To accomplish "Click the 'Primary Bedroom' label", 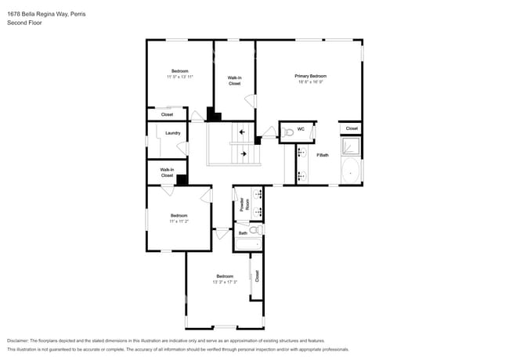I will pyautogui.click(x=310, y=76).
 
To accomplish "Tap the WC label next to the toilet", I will pyautogui.click(x=300, y=129).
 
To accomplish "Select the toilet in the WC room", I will pyautogui.click(x=287, y=131).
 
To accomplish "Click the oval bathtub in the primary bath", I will pyautogui.click(x=351, y=171).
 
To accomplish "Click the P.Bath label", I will pyautogui.click(x=321, y=155).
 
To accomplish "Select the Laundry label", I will pyautogui.click(x=173, y=133).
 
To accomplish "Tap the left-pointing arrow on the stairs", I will pyautogui.click(x=242, y=132).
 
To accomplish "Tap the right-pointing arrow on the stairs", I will pyautogui.click(x=244, y=154).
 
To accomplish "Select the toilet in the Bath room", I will pyautogui.click(x=253, y=230).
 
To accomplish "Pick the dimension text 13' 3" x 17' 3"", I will pyautogui.click(x=225, y=282).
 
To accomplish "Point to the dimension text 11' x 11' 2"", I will pyautogui.click(x=179, y=221).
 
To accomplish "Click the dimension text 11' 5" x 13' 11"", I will pyautogui.click(x=179, y=77).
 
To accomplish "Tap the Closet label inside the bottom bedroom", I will pyautogui.click(x=257, y=275).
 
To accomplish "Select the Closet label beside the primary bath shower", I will pyautogui.click(x=352, y=128).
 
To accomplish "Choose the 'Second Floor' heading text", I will pyautogui.click(x=25, y=23).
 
